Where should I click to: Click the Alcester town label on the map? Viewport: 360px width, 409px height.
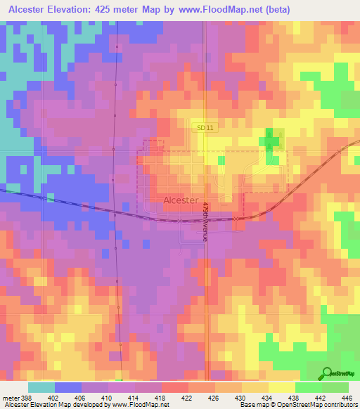pyautogui.click(x=184, y=200)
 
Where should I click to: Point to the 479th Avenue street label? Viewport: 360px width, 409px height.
pyautogui.click(x=206, y=221)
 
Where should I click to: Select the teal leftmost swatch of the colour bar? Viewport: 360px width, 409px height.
pyautogui.click(x=41, y=388)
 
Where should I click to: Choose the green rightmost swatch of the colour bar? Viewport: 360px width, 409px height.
pyautogui.click(x=335, y=388)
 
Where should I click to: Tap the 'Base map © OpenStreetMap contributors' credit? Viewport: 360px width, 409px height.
pyautogui.click(x=298, y=404)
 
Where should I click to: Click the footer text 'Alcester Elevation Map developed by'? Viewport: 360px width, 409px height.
pyautogui.click(x=49, y=404)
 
